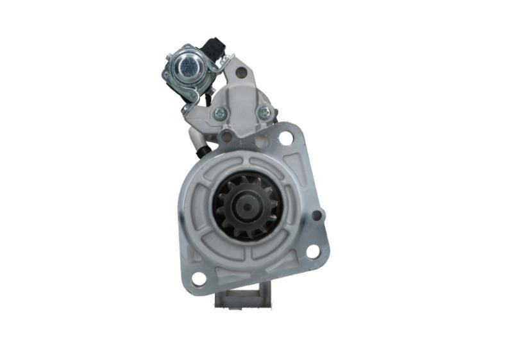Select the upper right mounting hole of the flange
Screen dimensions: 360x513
tap(285, 138)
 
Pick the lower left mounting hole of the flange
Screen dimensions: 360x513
tap(199, 279)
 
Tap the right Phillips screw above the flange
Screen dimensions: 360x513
tap(264, 113)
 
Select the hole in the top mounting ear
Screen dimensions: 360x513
tap(241, 73)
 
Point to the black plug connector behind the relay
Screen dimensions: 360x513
tap(214, 48)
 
